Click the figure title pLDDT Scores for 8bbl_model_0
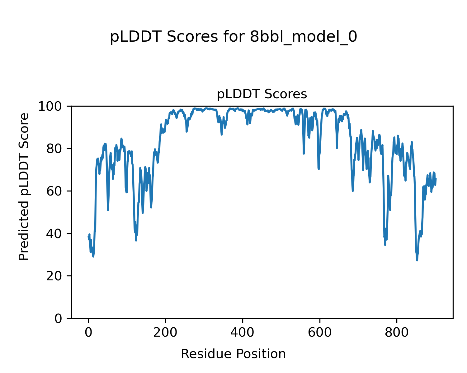[233, 37]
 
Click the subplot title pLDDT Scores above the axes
[262, 94]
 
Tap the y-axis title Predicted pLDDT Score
[24, 186]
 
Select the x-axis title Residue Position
[233, 354]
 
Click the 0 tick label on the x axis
[88, 332]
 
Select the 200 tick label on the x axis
[165, 332]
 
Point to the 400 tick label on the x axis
[242, 332]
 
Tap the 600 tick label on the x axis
[319, 332]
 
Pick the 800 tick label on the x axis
[396, 332]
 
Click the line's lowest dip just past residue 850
[417, 260]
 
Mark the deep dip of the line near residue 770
[385, 245]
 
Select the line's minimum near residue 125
[136, 240]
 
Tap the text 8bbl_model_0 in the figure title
[304, 37]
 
